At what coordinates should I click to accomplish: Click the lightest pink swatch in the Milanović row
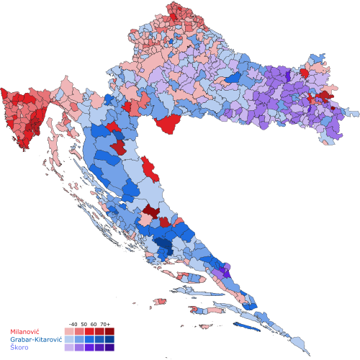pyautogui.click(x=69, y=331)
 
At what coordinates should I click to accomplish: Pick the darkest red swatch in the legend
pyautogui.click(x=109, y=331)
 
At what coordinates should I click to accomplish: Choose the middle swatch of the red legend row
pyautogui.click(x=89, y=331)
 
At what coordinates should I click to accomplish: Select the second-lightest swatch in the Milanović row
pyautogui.click(x=79, y=331)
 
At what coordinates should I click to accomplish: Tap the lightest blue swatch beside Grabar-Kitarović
pyautogui.click(x=69, y=339)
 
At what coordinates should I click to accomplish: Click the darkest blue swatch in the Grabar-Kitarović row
pyautogui.click(x=109, y=339)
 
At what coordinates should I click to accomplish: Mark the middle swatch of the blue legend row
pyautogui.click(x=89, y=339)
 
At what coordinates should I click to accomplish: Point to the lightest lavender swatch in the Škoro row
pyautogui.click(x=69, y=347)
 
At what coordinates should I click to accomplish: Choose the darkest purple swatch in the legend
pyautogui.click(x=109, y=347)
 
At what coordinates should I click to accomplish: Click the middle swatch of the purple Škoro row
pyautogui.click(x=89, y=347)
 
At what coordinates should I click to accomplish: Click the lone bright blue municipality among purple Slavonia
pyautogui.click(x=234, y=77)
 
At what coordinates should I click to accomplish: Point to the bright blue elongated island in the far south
pyautogui.click(x=247, y=326)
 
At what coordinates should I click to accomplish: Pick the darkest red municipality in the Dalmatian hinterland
pyautogui.click(x=150, y=211)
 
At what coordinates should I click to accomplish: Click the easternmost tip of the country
pyautogui.click(x=358, y=113)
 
